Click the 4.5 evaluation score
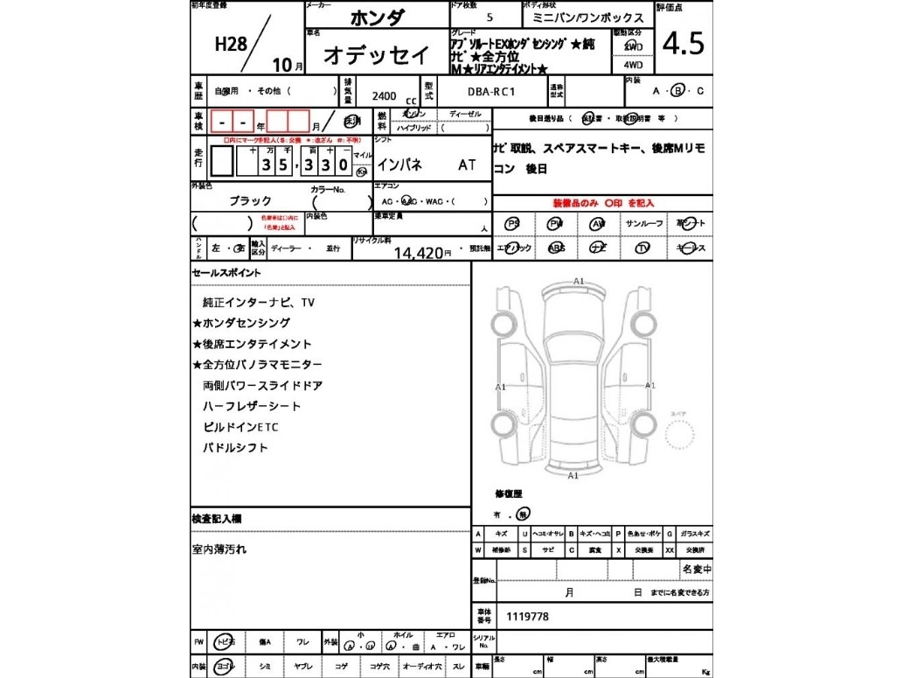tap(684, 44)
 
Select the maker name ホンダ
tap(377, 17)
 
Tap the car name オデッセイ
tap(377, 54)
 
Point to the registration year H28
tap(231, 45)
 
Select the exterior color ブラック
tap(250, 200)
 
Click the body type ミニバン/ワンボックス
tap(588, 17)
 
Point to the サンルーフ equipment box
tap(645, 224)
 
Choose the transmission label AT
tap(468, 164)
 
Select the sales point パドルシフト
tap(235, 448)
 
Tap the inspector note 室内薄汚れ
tap(219, 549)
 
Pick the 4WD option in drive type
tap(632, 64)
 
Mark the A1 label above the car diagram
tap(579, 281)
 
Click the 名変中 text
tap(696, 570)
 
